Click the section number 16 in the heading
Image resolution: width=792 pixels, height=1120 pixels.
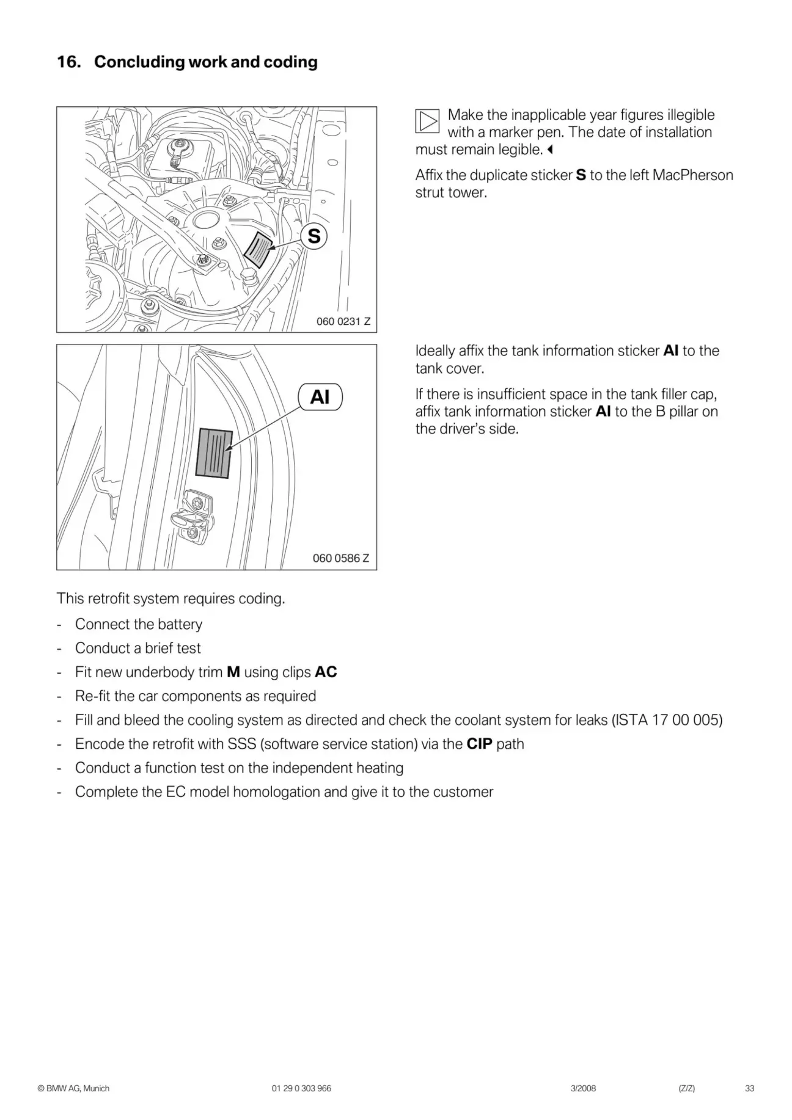pos(68,62)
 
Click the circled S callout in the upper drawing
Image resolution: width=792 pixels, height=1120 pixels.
pos(314,236)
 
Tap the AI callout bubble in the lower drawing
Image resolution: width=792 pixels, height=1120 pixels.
pos(320,397)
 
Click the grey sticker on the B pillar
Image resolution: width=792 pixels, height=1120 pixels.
pos(214,453)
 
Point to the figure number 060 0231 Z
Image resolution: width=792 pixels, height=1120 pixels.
pos(343,321)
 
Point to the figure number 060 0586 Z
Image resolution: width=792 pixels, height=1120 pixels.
pos(340,558)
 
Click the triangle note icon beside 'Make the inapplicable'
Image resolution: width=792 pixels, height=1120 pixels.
pos(427,121)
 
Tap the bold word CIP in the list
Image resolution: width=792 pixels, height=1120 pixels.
pos(479,744)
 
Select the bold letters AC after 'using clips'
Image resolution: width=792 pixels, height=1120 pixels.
pos(326,672)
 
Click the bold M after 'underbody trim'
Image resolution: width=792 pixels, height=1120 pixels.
pos(233,672)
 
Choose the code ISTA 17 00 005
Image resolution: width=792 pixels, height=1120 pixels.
pos(667,720)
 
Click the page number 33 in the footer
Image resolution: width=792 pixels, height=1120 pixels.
pos(749,1088)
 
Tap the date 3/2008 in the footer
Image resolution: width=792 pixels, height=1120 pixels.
pos(583,1088)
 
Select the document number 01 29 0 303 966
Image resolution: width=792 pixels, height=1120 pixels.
pos(301,1088)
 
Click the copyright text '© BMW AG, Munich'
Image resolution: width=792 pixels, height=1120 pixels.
pos(73,1088)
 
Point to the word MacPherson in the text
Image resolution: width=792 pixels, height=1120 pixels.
pos(693,175)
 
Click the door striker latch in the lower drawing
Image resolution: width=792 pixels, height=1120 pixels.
pos(194,516)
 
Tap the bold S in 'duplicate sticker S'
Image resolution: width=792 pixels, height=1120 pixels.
pos(581,175)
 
